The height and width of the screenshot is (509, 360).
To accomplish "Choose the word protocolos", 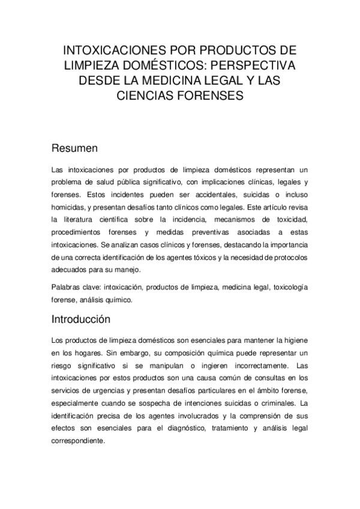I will point(288,257).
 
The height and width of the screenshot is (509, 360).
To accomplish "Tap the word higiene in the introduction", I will point(292,341).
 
